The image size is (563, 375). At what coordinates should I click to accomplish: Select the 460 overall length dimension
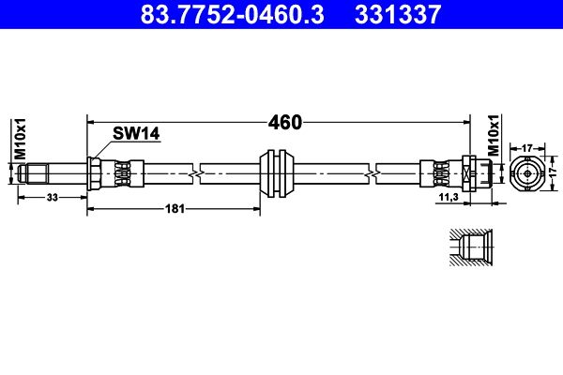(284, 122)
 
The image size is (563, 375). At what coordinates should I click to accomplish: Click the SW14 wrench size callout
(136, 134)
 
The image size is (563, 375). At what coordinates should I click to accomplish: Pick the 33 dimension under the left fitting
(52, 197)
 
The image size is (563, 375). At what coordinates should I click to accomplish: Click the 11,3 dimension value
(448, 198)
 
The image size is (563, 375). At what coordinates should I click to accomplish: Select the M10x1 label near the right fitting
(494, 137)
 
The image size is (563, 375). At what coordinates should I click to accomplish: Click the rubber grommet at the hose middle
(277, 172)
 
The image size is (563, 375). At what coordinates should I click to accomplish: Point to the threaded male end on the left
(38, 172)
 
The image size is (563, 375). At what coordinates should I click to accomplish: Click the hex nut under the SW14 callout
(96, 172)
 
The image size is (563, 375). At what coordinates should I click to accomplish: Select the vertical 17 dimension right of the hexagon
(554, 172)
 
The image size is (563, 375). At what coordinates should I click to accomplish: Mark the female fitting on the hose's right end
(474, 172)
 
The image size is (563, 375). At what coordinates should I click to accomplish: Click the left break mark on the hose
(194, 172)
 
